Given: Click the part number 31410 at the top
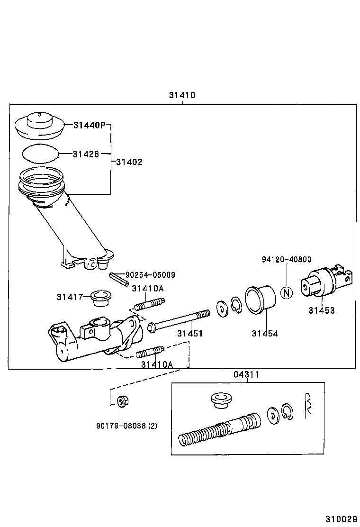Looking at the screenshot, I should (x=182, y=95).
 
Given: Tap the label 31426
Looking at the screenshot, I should (x=86, y=154).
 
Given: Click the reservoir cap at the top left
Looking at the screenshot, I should (x=39, y=125).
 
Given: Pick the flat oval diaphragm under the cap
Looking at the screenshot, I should (x=40, y=153).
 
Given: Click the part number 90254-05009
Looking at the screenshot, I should (x=150, y=274).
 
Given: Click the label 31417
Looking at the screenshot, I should (x=70, y=297).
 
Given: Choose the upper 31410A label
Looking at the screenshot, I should (x=148, y=288).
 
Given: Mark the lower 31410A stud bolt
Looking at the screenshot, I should (x=150, y=352).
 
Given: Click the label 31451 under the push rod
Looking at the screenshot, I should (x=190, y=334).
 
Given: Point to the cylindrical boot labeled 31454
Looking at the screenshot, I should (x=260, y=299).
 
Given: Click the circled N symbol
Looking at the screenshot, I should (x=286, y=293).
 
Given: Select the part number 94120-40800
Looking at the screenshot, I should (x=287, y=259).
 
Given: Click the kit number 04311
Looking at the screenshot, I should (x=246, y=374).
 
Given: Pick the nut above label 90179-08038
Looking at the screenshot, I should (x=122, y=402).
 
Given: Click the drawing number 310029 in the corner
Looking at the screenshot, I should (x=340, y=519).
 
